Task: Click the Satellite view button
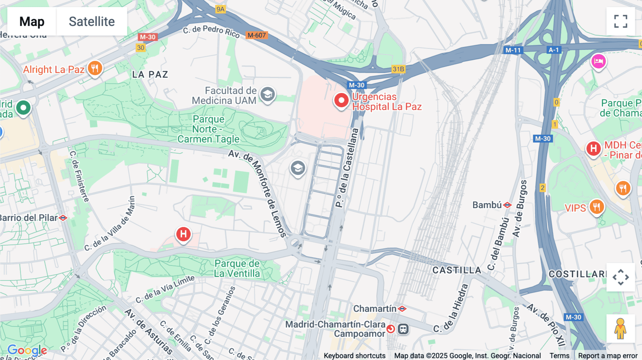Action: [92, 21]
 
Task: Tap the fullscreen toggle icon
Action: [621, 21]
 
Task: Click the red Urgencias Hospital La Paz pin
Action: [341, 101]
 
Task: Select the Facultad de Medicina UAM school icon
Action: [267, 95]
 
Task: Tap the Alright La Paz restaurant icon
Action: [95, 68]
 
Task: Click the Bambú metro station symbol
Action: [508, 205]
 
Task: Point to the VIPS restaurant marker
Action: [596, 207]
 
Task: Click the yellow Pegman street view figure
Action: [620, 329]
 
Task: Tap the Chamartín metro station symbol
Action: [402, 309]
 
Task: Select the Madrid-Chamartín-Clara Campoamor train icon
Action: [403, 329]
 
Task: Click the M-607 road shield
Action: [256, 35]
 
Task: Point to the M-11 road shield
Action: [513, 50]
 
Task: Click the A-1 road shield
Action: [554, 50]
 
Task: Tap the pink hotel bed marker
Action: [598, 62]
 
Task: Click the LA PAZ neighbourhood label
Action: [150, 74]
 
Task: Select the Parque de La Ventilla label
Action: [237, 268]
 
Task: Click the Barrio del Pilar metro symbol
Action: [63, 218]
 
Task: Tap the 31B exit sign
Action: [398, 69]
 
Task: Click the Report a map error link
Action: [607, 355]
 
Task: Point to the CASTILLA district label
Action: [457, 270]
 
